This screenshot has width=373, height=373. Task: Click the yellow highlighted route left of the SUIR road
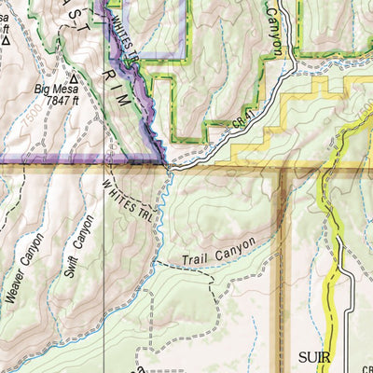point(327,270)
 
